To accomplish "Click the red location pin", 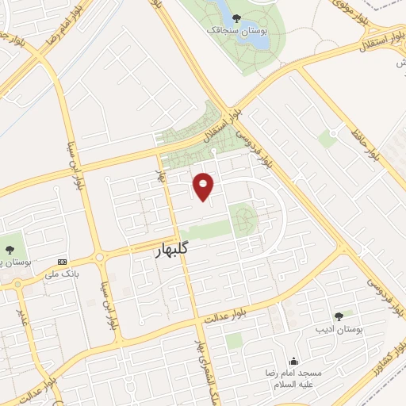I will tap(204, 186).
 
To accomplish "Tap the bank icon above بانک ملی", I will tap(62, 261).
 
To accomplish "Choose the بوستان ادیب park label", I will tap(339, 327).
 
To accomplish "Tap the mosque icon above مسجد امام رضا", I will tap(294, 361).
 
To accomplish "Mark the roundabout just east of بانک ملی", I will tap(101, 256).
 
